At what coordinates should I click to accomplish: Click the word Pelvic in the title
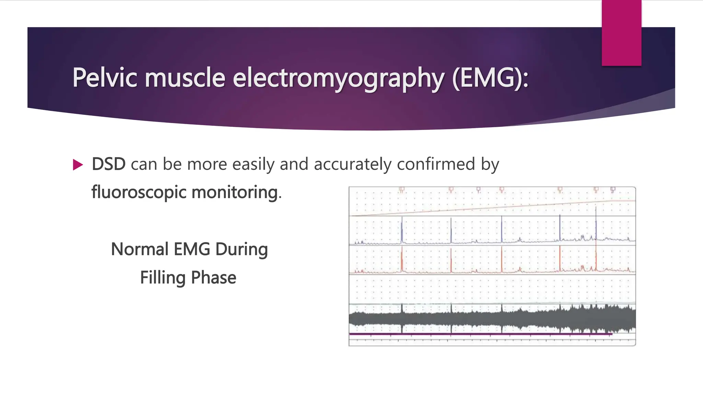105,78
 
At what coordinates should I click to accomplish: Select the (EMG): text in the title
490,78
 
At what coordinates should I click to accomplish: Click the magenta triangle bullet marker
78,165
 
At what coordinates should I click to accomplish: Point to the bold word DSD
108,164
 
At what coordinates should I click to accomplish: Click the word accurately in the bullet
352,164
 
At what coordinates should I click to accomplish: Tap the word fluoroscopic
139,192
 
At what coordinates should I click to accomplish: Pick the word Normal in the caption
140,249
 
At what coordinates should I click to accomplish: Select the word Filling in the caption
163,278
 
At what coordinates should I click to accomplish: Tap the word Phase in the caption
214,278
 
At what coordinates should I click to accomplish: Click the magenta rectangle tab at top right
621,33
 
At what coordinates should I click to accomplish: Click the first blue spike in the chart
402,230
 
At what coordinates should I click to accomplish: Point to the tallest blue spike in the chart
596,223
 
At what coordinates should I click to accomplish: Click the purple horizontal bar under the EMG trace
481,334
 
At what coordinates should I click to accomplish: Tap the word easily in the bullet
253,164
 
